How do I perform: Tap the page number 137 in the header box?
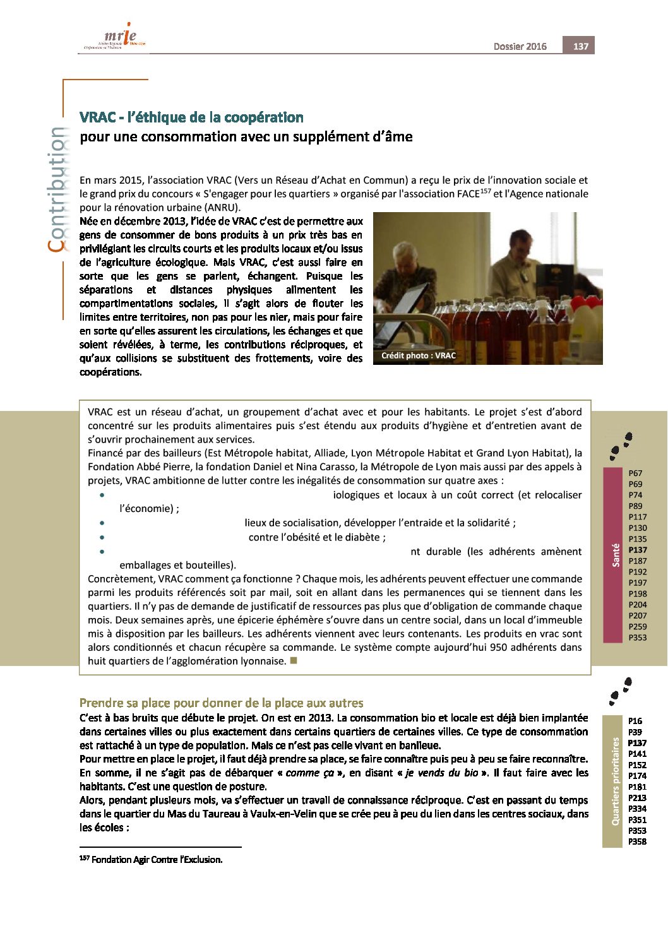click(580, 46)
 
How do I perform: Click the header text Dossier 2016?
click(520, 47)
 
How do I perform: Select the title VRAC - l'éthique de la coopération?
click(191, 117)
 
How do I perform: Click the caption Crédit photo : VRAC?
click(418, 355)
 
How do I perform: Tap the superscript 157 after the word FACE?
click(485, 191)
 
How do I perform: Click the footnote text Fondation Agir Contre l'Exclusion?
click(157, 860)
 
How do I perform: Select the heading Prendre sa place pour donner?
click(221, 703)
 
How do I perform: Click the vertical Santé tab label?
click(616, 555)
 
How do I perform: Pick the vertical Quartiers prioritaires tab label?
click(616, 781)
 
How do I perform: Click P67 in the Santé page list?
click(635, 473)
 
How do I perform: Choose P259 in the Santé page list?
click(638, 626)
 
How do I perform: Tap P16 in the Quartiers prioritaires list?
click(635, 720)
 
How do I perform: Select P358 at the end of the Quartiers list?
click(638, 841)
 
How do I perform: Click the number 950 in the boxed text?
click(499, 647)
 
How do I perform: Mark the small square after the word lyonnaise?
click(293, 660)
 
